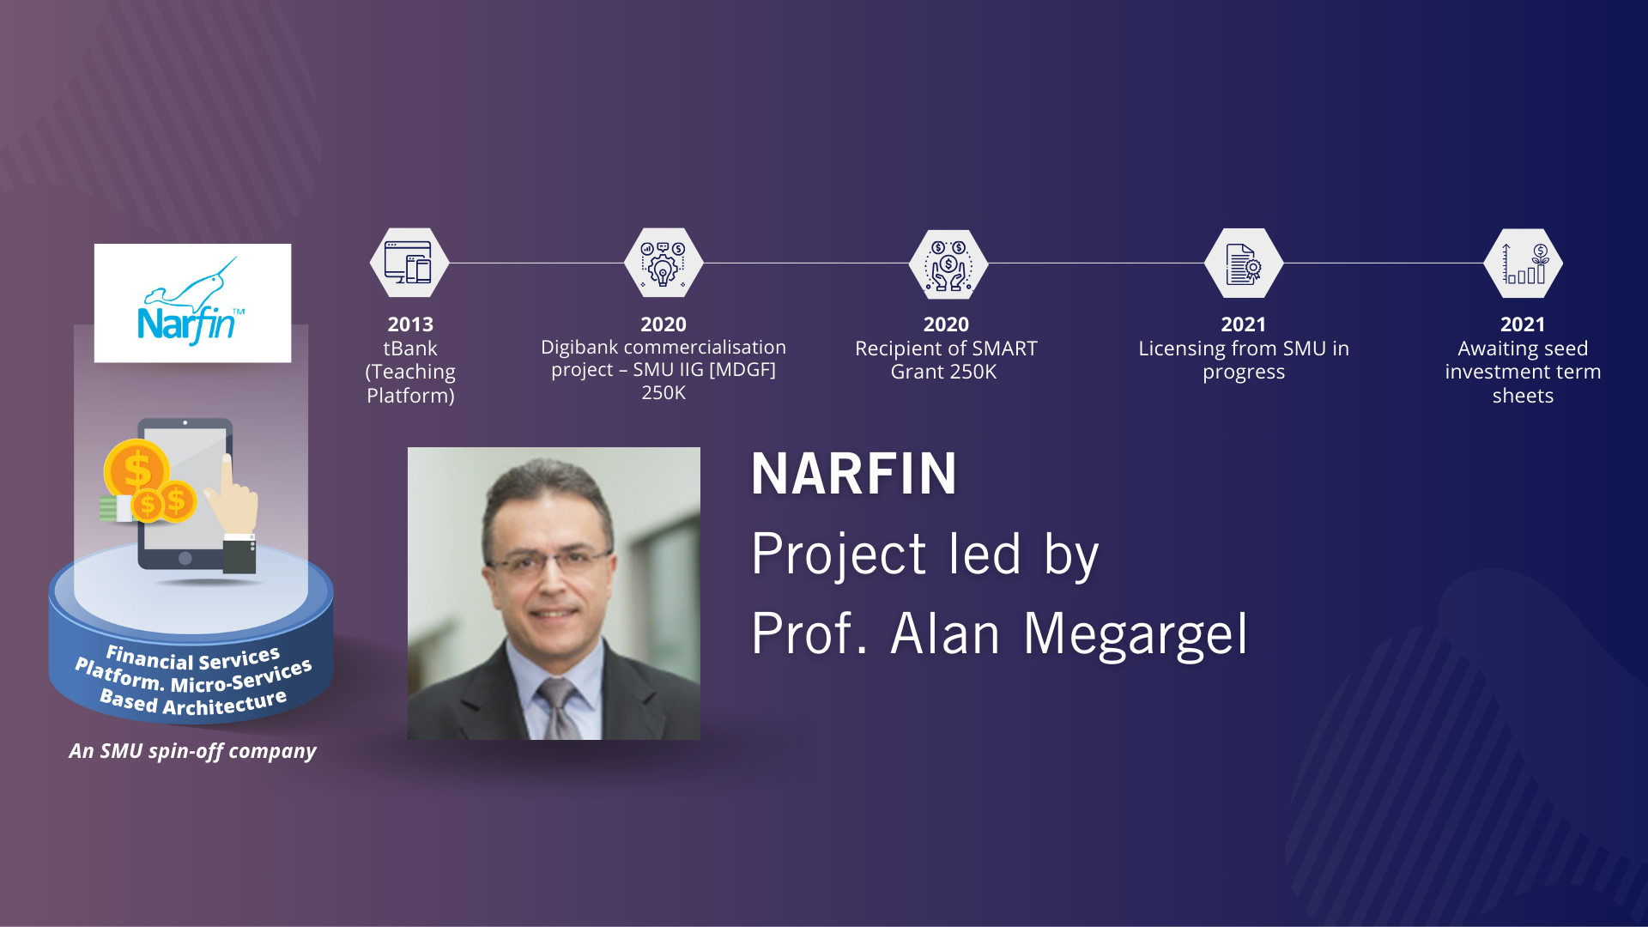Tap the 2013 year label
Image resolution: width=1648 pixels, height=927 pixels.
coord(410,324)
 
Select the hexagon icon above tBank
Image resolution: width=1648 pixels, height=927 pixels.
coord(409,263)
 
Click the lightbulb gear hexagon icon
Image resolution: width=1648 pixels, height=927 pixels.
coord(663,263)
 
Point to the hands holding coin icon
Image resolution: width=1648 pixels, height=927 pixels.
coord(948,264)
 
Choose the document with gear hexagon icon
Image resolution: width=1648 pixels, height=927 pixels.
coord(1244,263)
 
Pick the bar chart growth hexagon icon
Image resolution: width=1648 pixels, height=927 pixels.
coord(1524,263)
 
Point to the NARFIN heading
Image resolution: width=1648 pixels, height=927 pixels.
coord(854,474)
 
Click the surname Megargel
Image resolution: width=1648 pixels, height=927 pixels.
coord(1136,635)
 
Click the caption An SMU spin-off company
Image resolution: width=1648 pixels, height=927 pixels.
coord(193,751)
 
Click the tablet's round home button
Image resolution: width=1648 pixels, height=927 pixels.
coord(185,558)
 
